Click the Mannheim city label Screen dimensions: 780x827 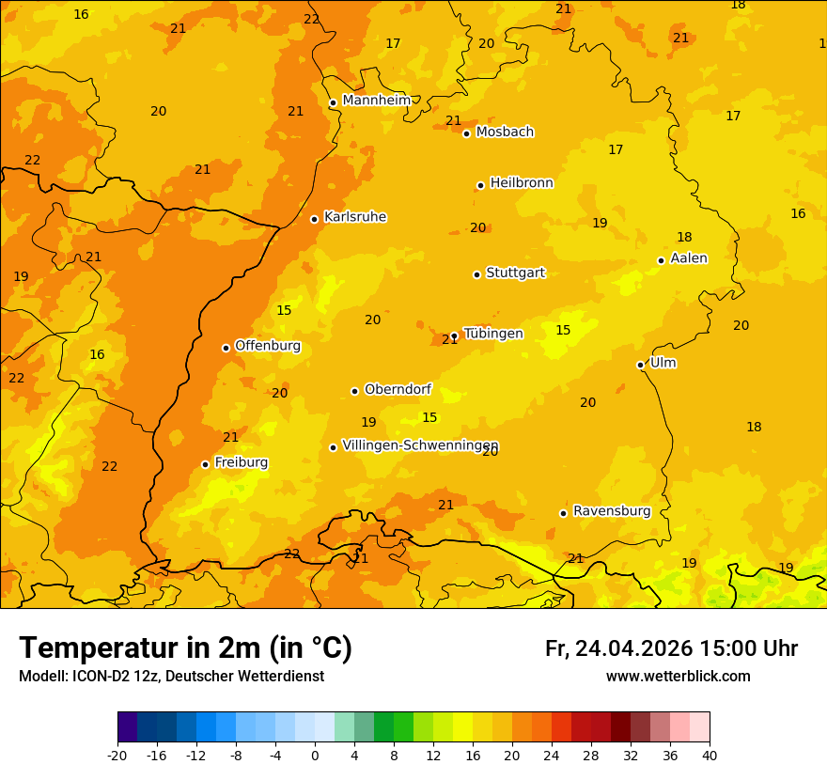[376, 101]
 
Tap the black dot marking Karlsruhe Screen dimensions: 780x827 [314, 219]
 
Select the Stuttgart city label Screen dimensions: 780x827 [515, 273]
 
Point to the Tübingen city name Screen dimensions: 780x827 [492, 334]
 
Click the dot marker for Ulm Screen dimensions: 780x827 [640, 365]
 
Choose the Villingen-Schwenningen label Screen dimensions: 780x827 [420, 445]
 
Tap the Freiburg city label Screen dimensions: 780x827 [241, 462]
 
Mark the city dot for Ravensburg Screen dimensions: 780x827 [563, 513]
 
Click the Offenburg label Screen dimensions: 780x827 [268, 346]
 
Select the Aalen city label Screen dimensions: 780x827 [689, 258]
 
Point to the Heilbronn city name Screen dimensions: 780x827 [522, 183]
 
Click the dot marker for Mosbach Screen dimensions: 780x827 [466, 133]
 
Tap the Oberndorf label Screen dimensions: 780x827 [398, 389]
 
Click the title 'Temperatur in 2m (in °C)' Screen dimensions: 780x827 [185, 648]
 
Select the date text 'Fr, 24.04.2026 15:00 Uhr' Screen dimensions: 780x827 [671, 648]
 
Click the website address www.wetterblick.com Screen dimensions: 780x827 [678, 677]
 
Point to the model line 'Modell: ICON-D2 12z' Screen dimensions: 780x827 [171, 677]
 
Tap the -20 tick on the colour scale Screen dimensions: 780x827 [117, 756]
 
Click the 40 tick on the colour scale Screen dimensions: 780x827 [710, 756]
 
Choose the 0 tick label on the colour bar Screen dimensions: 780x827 [315, 756]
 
